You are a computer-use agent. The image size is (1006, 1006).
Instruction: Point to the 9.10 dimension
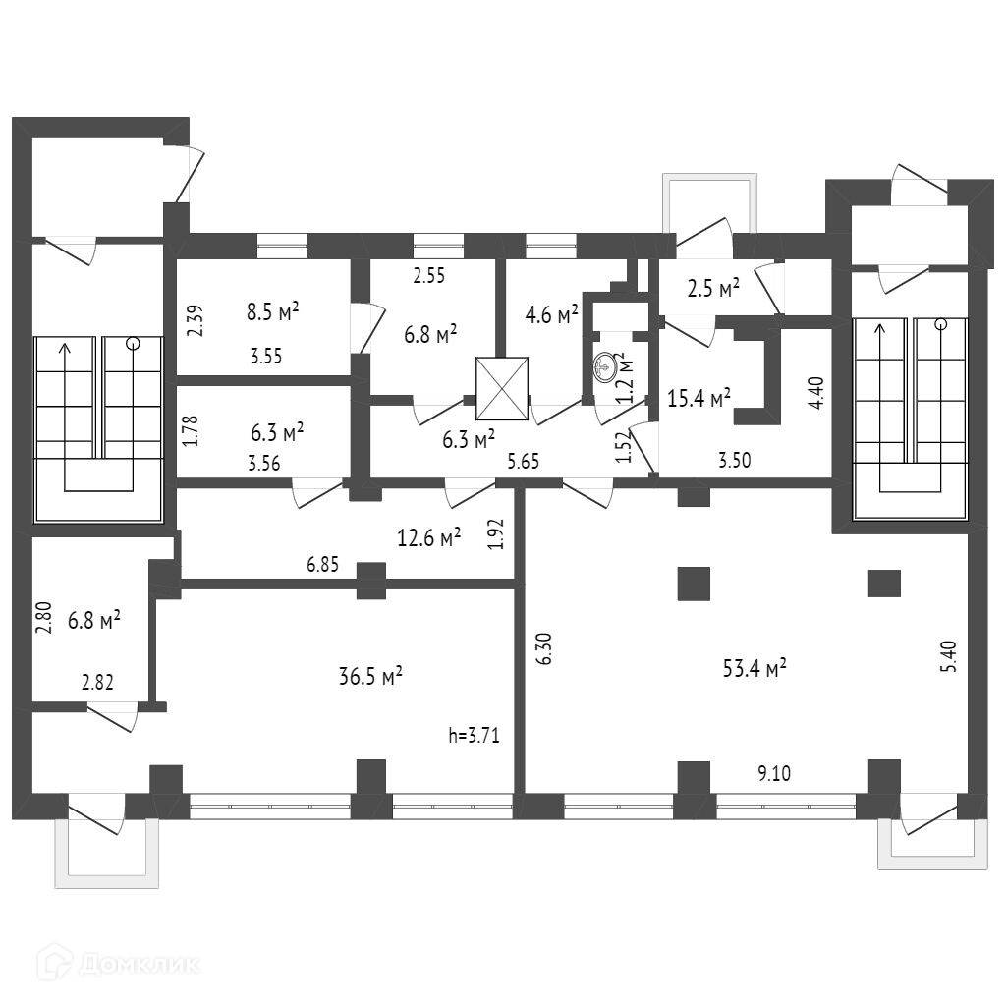(x=774, y=773)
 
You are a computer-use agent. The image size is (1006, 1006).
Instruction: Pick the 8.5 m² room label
(x=272, y=313)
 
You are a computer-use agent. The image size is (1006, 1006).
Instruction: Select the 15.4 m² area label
(x=699, y=398)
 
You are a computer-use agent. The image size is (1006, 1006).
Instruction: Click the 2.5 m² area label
(x=712, y=289)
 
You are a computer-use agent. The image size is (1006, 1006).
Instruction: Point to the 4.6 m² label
(x=551, y=314)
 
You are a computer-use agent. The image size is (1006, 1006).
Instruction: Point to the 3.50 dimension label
(x=736, y=459)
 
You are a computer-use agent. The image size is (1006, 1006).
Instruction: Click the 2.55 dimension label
(x=428, y=277)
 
